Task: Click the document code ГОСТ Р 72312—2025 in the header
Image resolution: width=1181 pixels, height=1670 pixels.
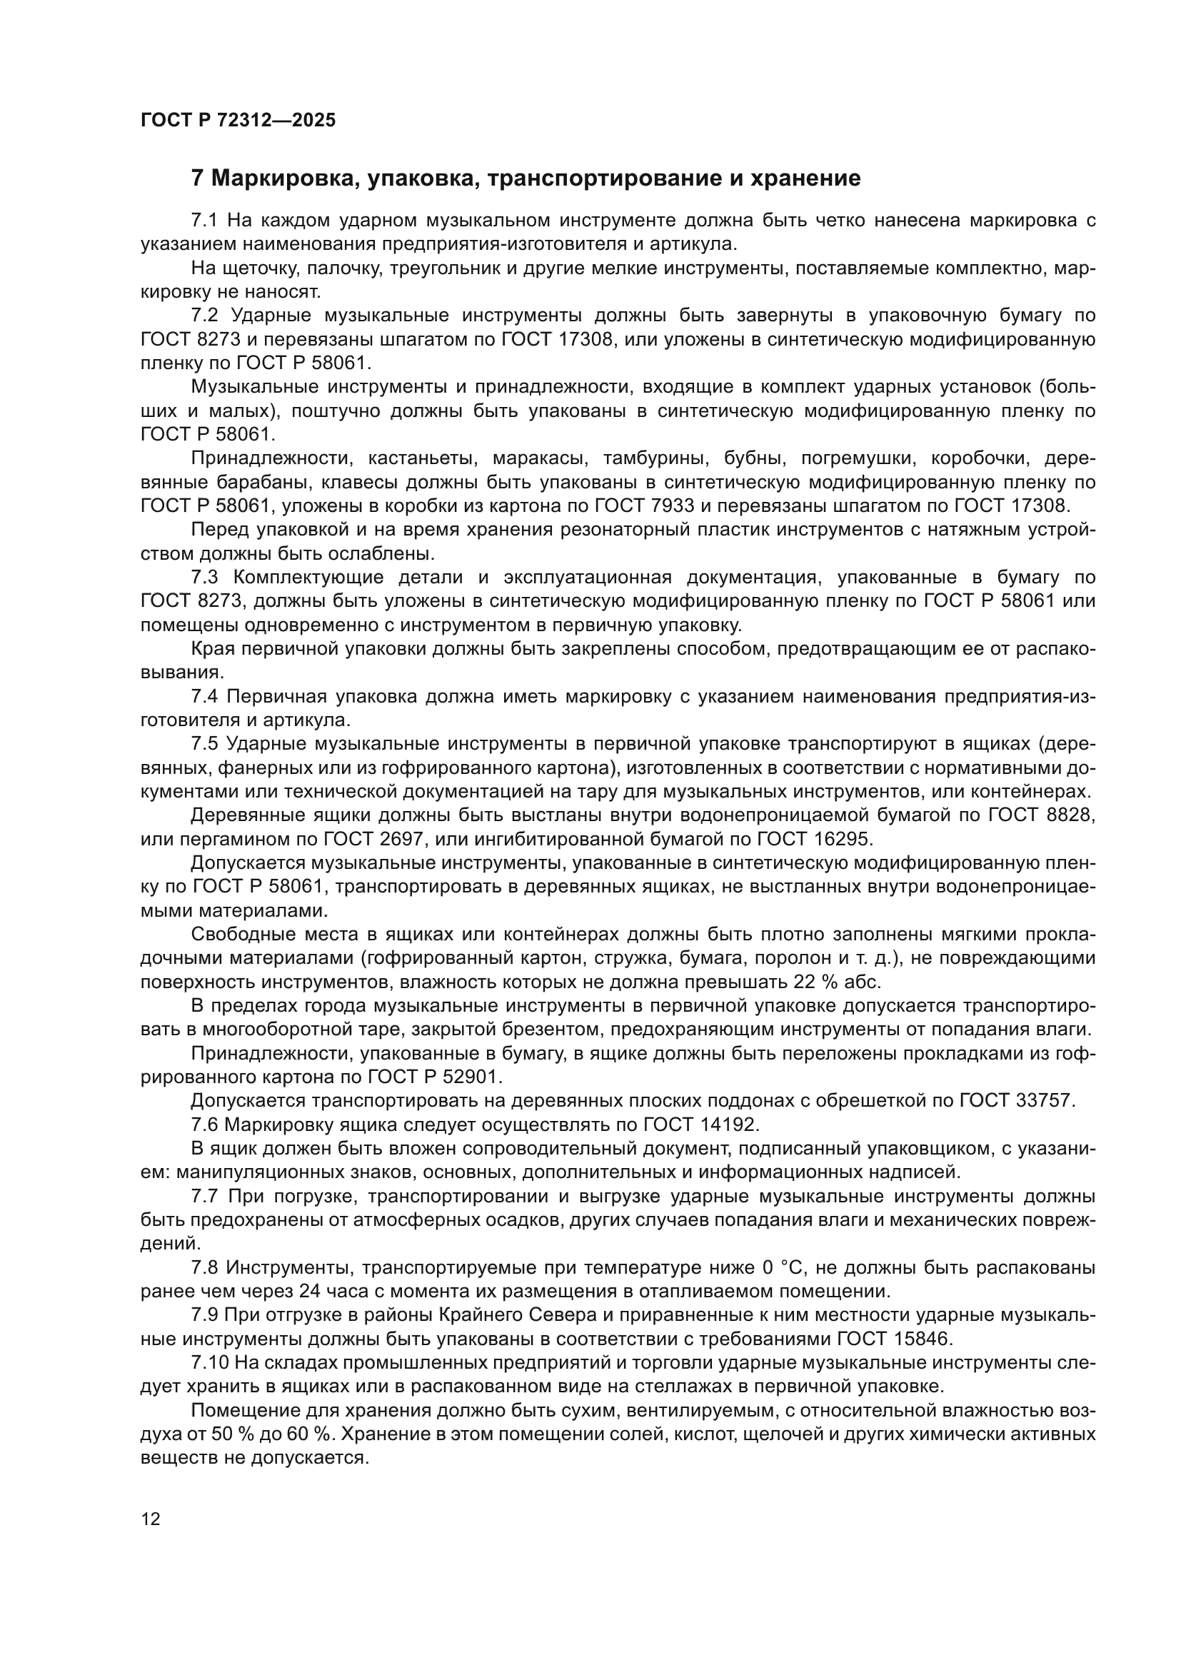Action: point(238,120)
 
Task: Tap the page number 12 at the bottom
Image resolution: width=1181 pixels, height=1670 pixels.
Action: point(151,1519)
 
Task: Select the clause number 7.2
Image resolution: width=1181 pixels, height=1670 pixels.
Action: point(204,315)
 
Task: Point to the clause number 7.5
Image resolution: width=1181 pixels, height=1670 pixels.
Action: point(204,743)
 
